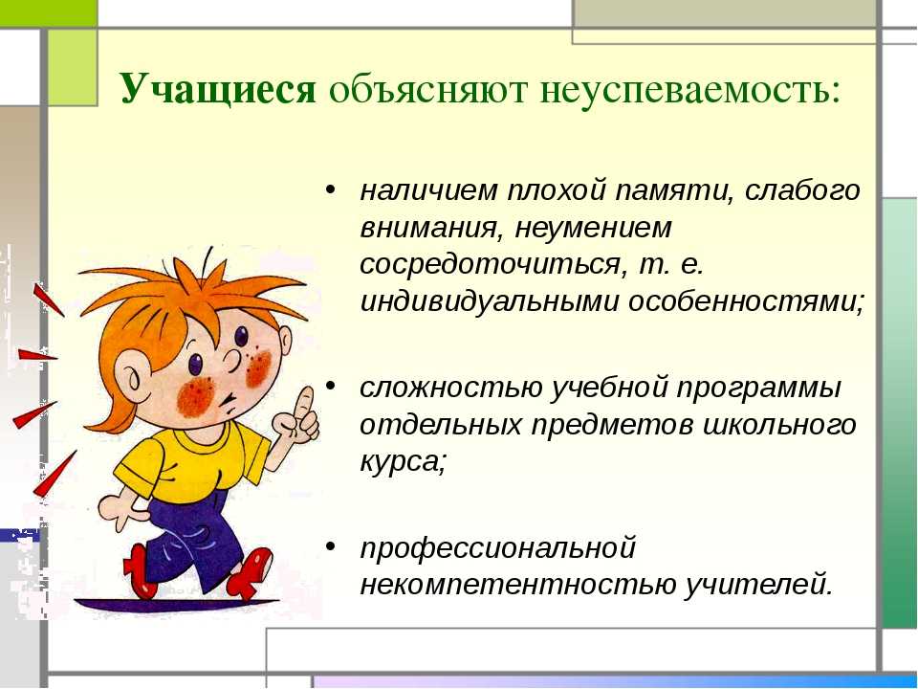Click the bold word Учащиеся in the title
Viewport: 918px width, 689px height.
pos(218,89)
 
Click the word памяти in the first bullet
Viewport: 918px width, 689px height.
pos(673,191)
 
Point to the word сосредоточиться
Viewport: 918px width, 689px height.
pos(490,265)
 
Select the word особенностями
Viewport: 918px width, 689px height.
pos(745,302)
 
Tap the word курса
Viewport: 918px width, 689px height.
pos(402,463)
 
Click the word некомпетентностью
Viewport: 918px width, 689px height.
pos(516,585)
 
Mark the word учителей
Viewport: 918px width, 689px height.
pos(757,585)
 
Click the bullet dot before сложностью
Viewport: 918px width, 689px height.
pos(331,387)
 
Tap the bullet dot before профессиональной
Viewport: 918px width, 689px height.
pos(331,546)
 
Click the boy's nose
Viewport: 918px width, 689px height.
pos(232,361)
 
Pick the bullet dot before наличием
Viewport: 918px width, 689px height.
pos(331,189)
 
